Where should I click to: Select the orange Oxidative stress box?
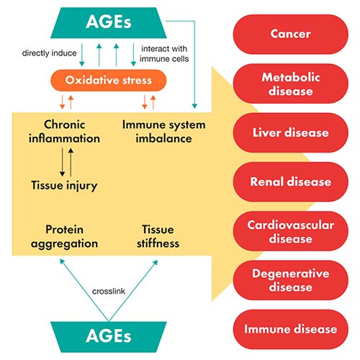(x=108, y=79)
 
